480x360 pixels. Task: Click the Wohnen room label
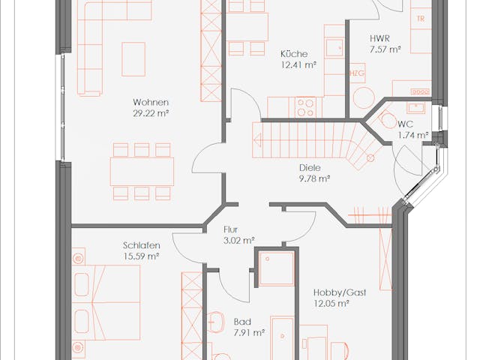[x=151, y=102]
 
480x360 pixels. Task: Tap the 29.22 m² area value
[x=151, y=113]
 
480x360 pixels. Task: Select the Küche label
[x=294, y=54]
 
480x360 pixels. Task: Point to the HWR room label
[x=380, y=38]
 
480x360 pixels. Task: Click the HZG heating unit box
[x=357, y=73]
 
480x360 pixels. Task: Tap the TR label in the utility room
[x=421, y=18]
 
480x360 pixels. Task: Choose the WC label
[x=405, y=124]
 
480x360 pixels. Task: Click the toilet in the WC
[x=387, y=120]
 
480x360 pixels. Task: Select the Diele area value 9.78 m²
[x=315, y=178]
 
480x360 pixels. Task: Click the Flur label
[x=230, y=229]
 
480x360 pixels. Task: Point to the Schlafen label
[x=142, y=245]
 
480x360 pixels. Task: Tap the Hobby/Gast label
[x=340, y=292]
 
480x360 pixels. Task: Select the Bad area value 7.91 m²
[x=249, y=333]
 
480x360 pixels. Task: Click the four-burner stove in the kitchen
[x=305, y=107]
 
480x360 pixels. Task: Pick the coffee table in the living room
[x=133, y=59]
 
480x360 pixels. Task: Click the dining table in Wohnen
[x=142, y=172]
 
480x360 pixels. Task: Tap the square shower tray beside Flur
[x=277, y=268]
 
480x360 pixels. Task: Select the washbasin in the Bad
[x=215, y=322]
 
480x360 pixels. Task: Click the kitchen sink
[x=334, y=48]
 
